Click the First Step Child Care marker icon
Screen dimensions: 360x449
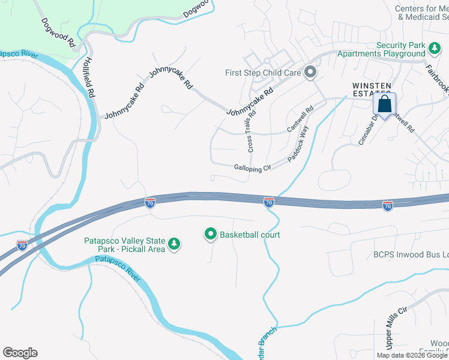[x=310, y=73]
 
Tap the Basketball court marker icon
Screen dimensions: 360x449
[x=210, y=235]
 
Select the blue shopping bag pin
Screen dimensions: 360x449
[x=384, y=104]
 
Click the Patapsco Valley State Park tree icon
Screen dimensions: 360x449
[x=174, y=244]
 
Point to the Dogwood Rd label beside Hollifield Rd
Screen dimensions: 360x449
[x=58, y=34]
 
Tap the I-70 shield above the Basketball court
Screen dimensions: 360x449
[x=269, y=202]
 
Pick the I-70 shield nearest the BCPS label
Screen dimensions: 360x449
[x=388, y=206]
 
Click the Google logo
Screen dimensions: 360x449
[x=20, y=352]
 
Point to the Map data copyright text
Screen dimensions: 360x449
[x=412, y=355]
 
